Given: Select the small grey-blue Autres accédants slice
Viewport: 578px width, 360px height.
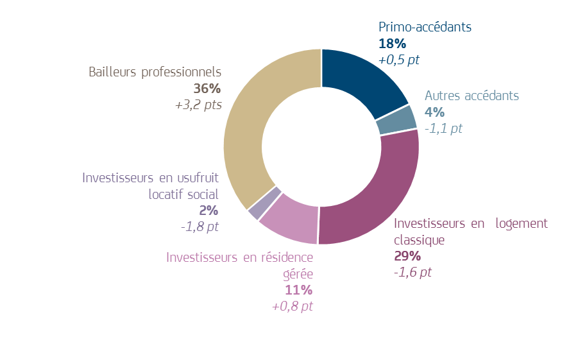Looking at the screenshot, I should point(396,120).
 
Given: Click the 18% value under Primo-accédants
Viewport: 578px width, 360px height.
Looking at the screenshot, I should point(392,44).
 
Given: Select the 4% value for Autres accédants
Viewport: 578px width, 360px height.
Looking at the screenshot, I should point(434,112).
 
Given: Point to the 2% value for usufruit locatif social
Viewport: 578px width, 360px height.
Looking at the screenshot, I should point(208,210).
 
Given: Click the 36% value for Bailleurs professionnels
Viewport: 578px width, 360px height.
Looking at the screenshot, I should point(207,89).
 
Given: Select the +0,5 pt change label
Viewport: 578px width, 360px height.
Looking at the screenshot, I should point(399,60).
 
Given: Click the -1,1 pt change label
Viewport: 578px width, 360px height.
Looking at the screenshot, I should point(443,128).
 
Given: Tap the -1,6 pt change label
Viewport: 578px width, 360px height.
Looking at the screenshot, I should point(412,272).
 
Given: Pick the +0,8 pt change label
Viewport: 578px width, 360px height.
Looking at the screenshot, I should point(293,306).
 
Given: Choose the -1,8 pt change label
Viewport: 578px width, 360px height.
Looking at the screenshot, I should point(200,227).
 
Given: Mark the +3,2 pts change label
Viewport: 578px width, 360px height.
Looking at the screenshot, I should point(198,105).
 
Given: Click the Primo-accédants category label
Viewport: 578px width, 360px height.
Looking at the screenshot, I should point(425,28).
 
